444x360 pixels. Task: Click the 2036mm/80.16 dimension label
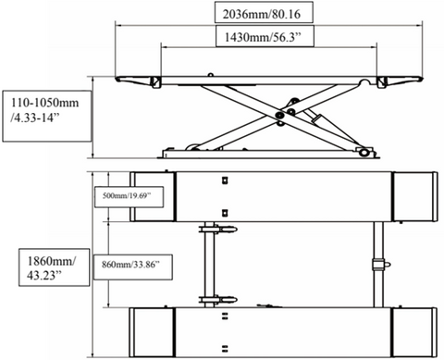point(261,14)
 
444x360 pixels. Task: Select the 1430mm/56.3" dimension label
point(263,37)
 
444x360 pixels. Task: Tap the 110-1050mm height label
point(44,110)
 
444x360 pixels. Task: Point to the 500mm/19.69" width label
point(127,196)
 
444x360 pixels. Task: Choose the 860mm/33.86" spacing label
point(131,265)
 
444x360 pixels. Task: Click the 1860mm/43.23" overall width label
point(51,267)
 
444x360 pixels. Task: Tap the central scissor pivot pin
point(280,115)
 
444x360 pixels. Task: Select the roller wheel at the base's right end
point(364,152)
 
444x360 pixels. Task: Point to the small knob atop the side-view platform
point(210,75)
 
